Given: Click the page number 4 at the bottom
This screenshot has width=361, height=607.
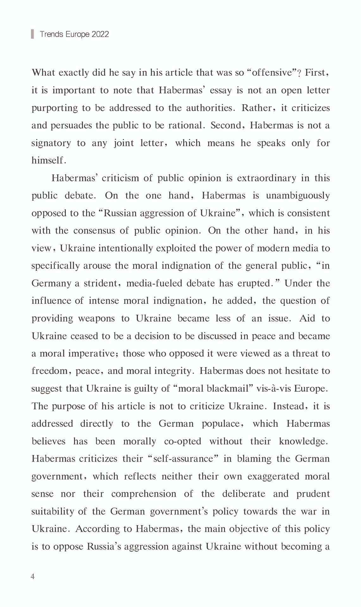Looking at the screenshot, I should [x=33, y=577].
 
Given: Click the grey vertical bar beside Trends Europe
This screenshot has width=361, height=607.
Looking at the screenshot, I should [x=32, y=34].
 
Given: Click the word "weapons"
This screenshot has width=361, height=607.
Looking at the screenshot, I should [x=96, y=318].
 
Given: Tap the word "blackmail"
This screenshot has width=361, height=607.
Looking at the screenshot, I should [x=227, y=388].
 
